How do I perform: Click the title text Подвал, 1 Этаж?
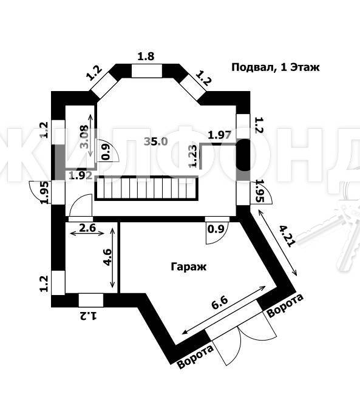276,67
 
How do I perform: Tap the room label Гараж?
189,267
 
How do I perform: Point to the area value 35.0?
156,141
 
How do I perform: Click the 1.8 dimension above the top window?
146,56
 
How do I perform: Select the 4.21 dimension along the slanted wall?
287,236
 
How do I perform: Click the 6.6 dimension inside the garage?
220,303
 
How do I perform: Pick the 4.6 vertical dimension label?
107,257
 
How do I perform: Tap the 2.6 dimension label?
87,228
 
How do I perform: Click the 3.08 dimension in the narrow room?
84,137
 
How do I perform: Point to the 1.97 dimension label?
220,135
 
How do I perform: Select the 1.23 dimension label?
192,156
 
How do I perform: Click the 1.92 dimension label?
81,175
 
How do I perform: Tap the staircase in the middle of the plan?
146,188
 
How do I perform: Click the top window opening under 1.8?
147,70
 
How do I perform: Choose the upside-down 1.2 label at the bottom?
89,316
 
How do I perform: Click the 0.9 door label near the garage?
216,229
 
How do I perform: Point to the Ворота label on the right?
285,305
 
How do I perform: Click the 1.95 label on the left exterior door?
46,192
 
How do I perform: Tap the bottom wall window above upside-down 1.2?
91,300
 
